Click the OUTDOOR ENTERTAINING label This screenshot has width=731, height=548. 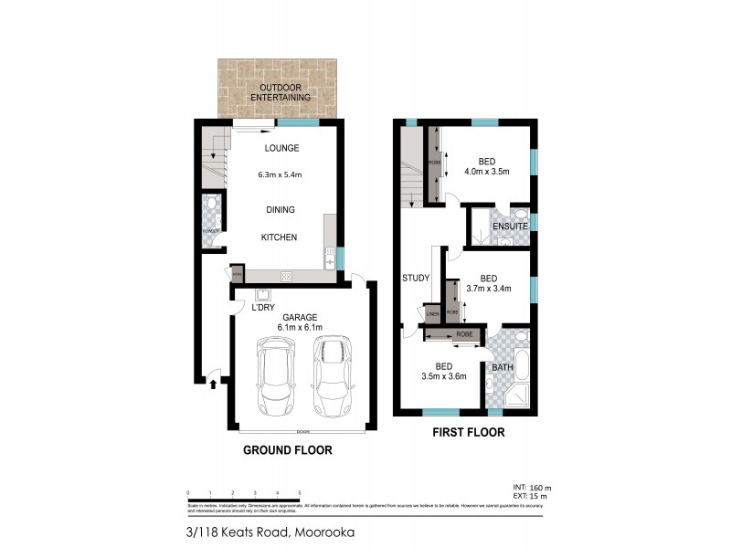[x=281, y=92]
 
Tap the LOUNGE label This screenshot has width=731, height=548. [x=281, y=148]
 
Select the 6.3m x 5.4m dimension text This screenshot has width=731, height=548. [x=281, y=175]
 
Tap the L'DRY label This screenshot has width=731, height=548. [x=263, y=307]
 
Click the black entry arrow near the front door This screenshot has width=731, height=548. [x=214, y=385]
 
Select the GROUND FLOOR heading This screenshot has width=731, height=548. [x=286, y=449]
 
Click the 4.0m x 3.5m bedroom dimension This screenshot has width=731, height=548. [x=486, y=171]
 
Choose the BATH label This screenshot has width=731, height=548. [x=503, y=367]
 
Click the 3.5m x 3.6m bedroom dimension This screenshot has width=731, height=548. [x=444, y=375]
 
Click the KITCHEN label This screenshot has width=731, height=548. [x=281, y=237]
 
